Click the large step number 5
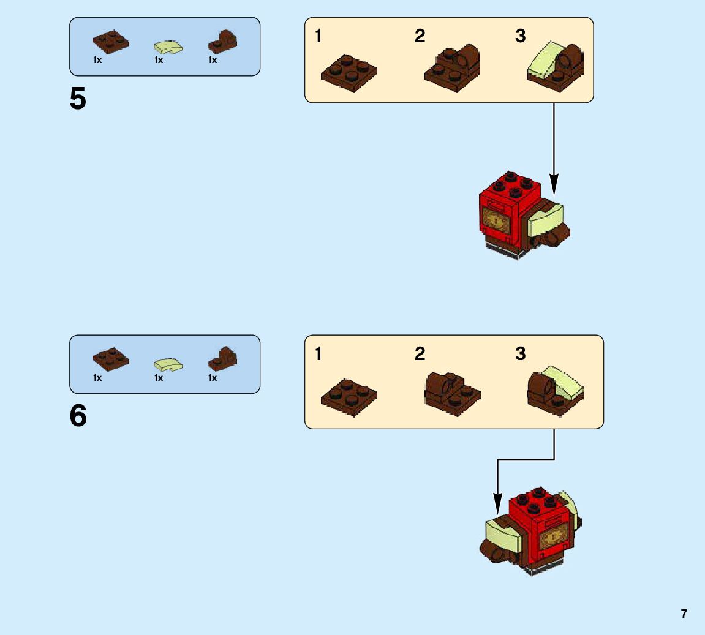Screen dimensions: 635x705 click(x=78, y=99)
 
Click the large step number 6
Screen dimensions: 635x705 click(x=78, y=416)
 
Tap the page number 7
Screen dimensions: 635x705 click(x=684, y=614)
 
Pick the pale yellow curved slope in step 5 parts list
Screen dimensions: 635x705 click(x=167, y=47)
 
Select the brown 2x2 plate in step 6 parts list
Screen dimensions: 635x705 click(x=111, y=358)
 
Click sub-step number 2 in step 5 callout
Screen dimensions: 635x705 click(x=420, y=37)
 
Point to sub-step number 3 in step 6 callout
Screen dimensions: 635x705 click(x=520, y=354)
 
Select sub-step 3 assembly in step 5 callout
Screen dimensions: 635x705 click(x=555, y=67)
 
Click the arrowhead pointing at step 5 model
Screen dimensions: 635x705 click(x=554, y=184)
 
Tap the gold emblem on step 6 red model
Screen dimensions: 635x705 click(x=554, y=538)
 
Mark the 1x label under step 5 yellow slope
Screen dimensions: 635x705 click(x=159, y=60)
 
